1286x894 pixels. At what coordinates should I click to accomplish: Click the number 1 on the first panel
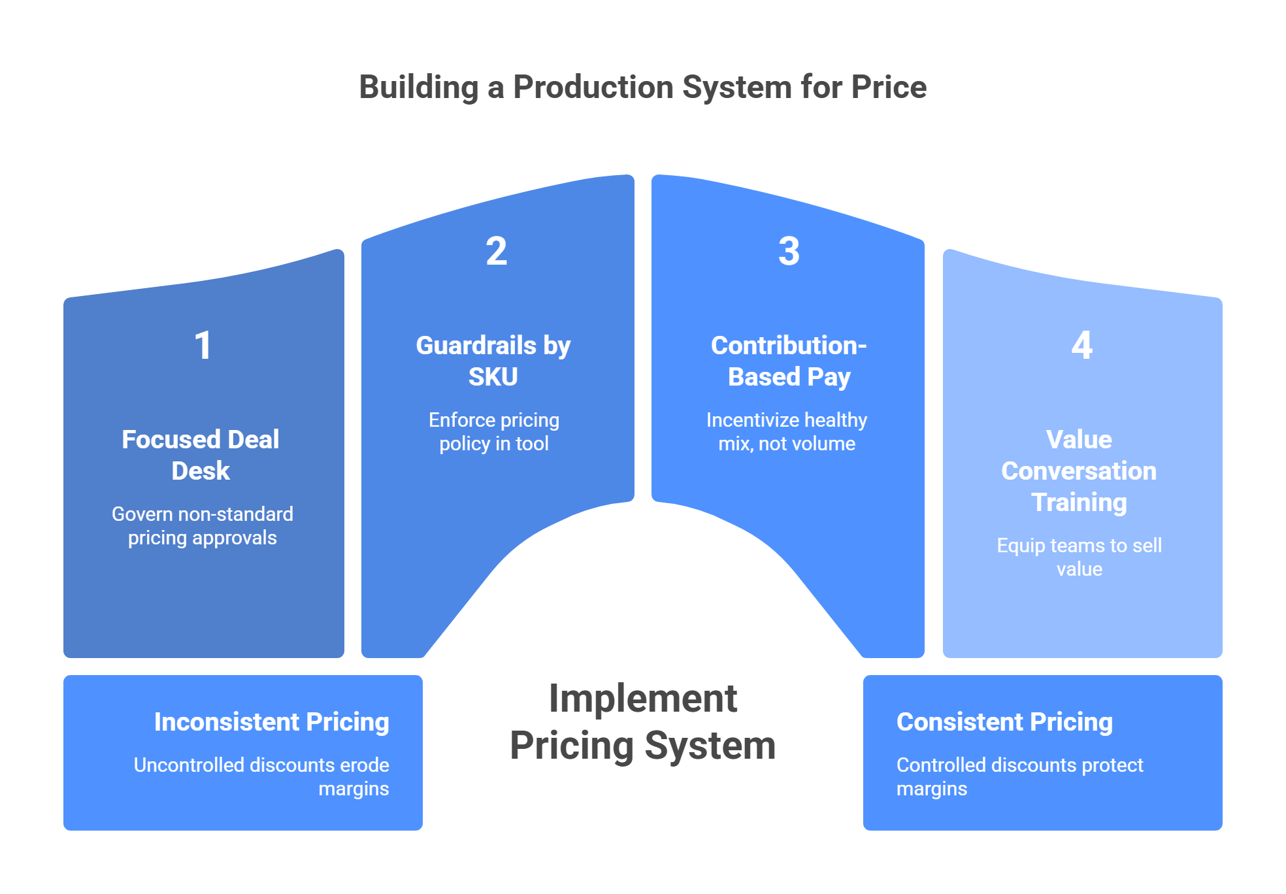(203, 345)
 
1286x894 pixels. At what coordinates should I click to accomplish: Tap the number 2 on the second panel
(497, 251)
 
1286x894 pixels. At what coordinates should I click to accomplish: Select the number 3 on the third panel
(789, 251)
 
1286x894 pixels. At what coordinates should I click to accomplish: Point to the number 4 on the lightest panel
(1082, 345)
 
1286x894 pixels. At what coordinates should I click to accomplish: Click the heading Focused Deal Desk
(201, 455)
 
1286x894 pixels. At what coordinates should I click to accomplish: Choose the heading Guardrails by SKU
(493, 361)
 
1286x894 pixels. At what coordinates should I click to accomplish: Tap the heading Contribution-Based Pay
(789, 361)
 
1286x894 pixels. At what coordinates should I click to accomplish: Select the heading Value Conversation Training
(1079, 471)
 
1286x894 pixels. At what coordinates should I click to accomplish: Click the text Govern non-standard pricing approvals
(203, 525)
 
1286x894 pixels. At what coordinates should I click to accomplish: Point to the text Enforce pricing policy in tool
(494, 431)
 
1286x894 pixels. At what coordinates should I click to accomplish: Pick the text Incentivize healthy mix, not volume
(787, 431)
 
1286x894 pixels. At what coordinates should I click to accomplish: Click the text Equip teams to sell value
(1080, 557)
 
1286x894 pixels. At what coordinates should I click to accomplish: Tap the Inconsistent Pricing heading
(272, 722)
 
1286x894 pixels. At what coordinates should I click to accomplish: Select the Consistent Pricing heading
(1005, 722)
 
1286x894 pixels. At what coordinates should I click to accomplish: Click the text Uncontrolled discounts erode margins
(261, 776)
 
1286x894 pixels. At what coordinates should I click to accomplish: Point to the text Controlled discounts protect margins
(1020, 776)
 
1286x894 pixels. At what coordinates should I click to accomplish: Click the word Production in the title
(593, 87)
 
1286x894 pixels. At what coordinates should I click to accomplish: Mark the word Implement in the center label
(643, 699)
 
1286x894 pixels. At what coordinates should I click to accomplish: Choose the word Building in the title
(420, 88)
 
